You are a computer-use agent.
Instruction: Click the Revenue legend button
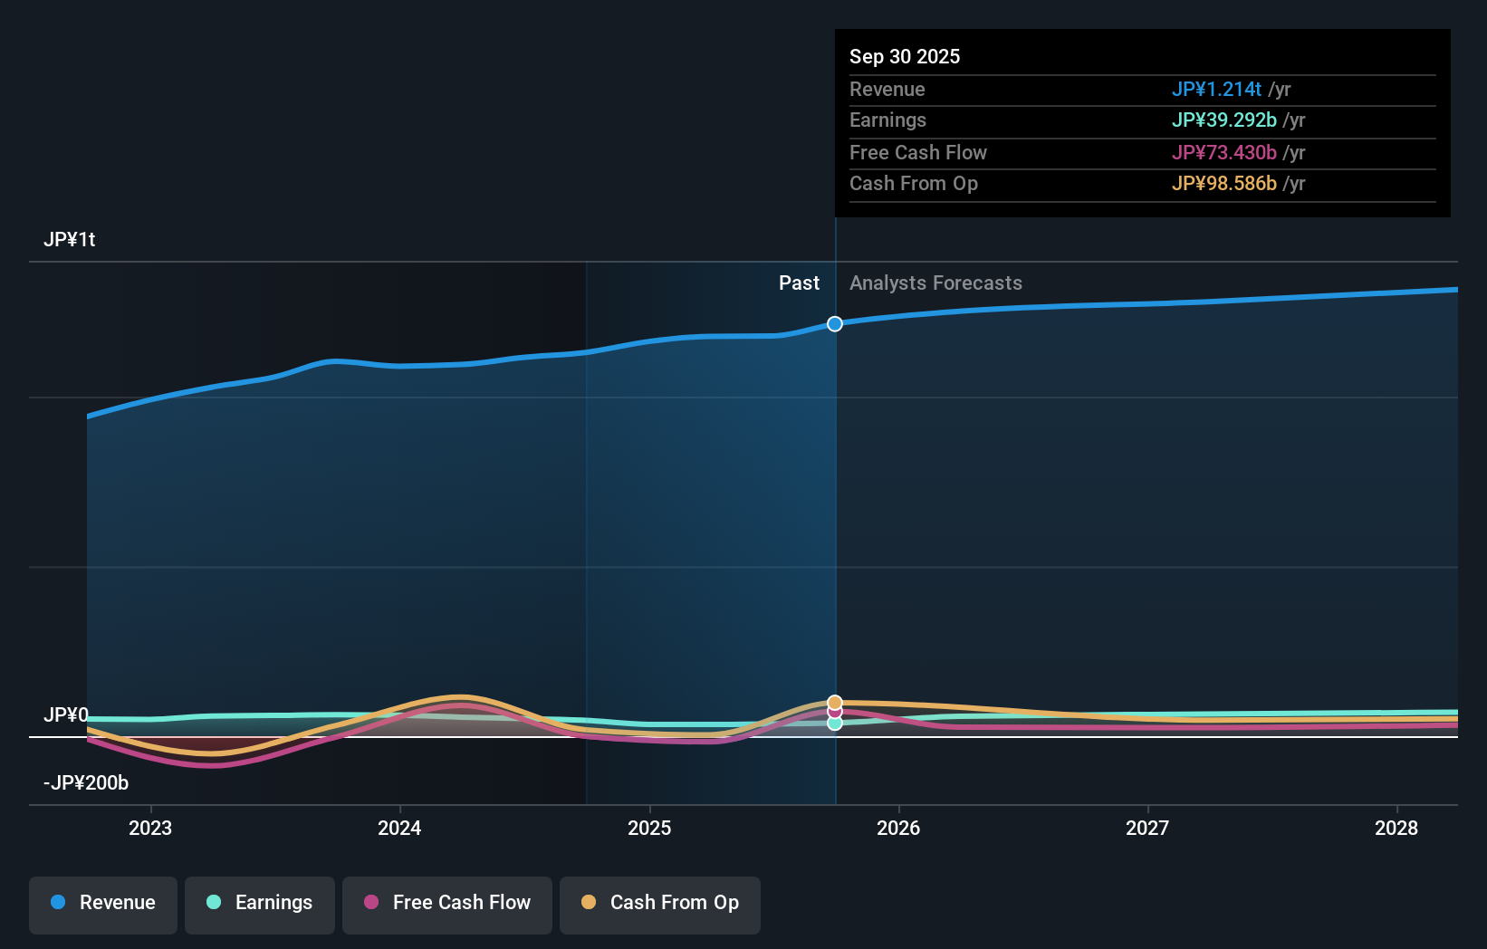point(103,903)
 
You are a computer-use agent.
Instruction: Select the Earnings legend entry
point(260,903)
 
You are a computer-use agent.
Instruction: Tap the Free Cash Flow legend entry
point(447,903)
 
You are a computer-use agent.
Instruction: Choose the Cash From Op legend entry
point(660,903)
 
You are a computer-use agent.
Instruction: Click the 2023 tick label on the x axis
point(150,828)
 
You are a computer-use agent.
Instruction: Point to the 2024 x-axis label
point(399,828)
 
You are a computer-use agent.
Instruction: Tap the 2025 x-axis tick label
point(649,828)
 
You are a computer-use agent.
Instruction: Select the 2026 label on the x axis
point(898,828)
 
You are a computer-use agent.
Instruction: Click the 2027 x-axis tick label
point(1147,828)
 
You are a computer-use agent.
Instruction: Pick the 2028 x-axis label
point(1396,828)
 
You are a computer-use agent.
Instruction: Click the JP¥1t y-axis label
point(70,240)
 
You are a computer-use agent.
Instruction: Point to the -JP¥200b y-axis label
point(86,783)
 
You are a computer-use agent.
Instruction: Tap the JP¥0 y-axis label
point(66,715)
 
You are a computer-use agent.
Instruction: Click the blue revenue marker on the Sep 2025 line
point(835,324)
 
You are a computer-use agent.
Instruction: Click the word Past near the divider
point(799,283)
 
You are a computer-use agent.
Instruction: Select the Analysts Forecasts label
point(935,283)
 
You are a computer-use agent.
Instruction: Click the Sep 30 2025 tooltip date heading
point(905,56)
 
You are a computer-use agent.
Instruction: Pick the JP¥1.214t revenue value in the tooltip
point(1216,89)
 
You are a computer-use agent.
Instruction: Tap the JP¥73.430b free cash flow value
point(1223,152)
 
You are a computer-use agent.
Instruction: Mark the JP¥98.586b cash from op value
point(1223,183)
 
